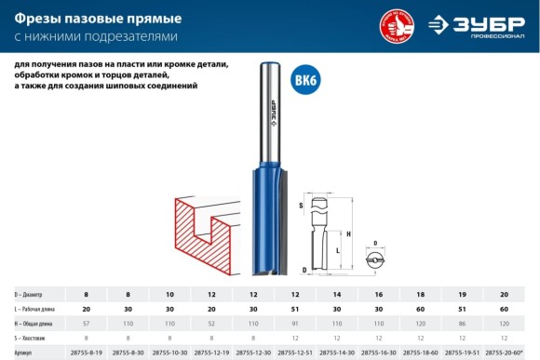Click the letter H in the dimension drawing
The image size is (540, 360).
coord(347,234)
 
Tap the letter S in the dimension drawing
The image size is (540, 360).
coord(301,205)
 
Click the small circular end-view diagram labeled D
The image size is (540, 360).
coord(375,260)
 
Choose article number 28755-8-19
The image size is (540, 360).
coord(87,353)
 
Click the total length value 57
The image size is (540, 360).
coord(86,324)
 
